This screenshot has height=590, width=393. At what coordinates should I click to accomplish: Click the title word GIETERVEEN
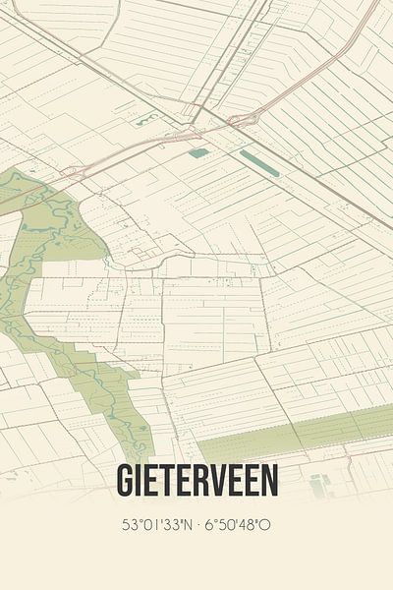click(x=196, y=480)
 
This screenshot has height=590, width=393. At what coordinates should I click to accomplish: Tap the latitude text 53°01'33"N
click(x=157, y=525)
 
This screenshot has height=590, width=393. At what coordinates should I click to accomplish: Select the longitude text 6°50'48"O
click(x=237, y=525)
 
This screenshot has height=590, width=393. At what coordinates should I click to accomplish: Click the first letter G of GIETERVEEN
click(x=125, y=480)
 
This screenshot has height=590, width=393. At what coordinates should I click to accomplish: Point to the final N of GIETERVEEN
click(x=269, y=480)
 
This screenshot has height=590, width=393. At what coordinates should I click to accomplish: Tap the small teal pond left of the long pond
click(x=198, y=152)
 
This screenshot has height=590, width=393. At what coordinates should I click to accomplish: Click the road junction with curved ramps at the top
click(x=241, y=120)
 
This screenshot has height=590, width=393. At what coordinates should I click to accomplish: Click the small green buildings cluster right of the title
click(x=318, y=485)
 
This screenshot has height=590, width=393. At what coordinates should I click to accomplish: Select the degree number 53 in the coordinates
click(x=128, y=525)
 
